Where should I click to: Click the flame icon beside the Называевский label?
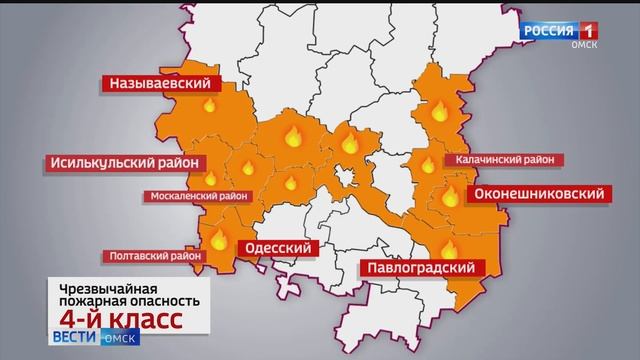[210, 105]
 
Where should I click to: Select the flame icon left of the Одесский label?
[217, 237]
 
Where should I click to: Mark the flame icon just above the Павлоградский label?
[449, 248]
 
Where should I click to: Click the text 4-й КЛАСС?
[120, 319]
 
